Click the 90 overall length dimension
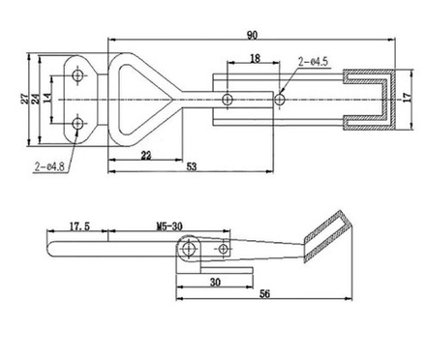pyautogui.click(x=252, y=36)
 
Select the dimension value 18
pyautogui.click(x=253, y=59)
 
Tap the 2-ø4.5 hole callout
pyautogui.click(x=315, y=62)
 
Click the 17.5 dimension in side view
pyautogui.click(x=80, y=228)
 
